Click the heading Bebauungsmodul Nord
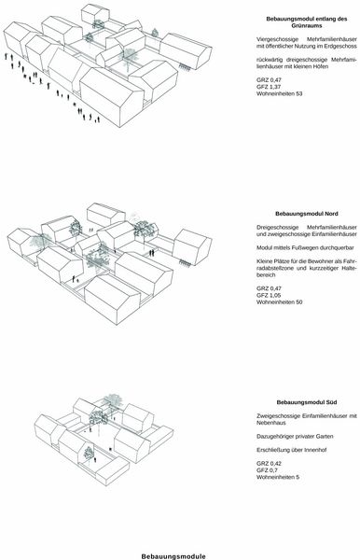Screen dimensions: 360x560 (307, 214)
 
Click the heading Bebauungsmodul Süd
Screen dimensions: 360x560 (307, 402)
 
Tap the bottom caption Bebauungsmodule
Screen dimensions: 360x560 (173, 556)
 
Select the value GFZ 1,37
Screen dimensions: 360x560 (269, 87)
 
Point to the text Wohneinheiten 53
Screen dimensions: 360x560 (280, 93)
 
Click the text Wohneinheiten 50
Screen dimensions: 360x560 (280, 302)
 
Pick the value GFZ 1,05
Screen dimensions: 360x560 (269, 295)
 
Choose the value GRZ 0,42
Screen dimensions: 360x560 (269, 464)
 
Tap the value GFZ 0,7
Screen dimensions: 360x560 (267, 470)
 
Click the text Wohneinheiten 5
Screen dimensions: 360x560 (278, 477)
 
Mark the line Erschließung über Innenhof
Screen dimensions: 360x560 (292, 450)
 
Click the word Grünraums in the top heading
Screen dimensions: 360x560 (307, 26)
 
